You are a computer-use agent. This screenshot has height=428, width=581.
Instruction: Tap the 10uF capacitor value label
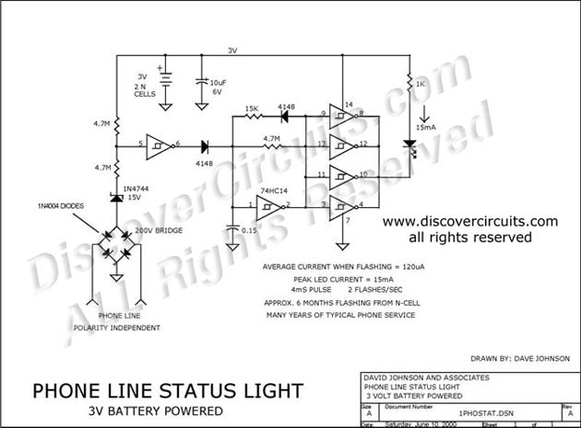point(218,84)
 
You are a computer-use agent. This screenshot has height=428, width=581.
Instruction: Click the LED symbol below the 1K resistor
point(410,146)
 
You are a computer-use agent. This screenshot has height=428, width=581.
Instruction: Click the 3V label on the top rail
point(233,50)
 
